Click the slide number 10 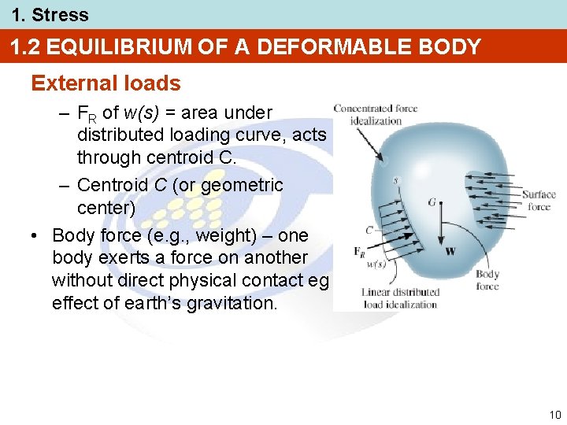[x=555, y=415]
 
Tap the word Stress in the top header [x=60, y=14]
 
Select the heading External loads [x=106, y=83]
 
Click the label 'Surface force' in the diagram [x=539, y=201]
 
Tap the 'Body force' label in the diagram [x=487, y=280]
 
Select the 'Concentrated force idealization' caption [x=375, y=114]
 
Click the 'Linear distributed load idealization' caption [x=400, y=298]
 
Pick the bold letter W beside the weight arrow [x=450, y=252]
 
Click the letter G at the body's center [x=432, y=202]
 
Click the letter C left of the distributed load [x=369, y=231]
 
